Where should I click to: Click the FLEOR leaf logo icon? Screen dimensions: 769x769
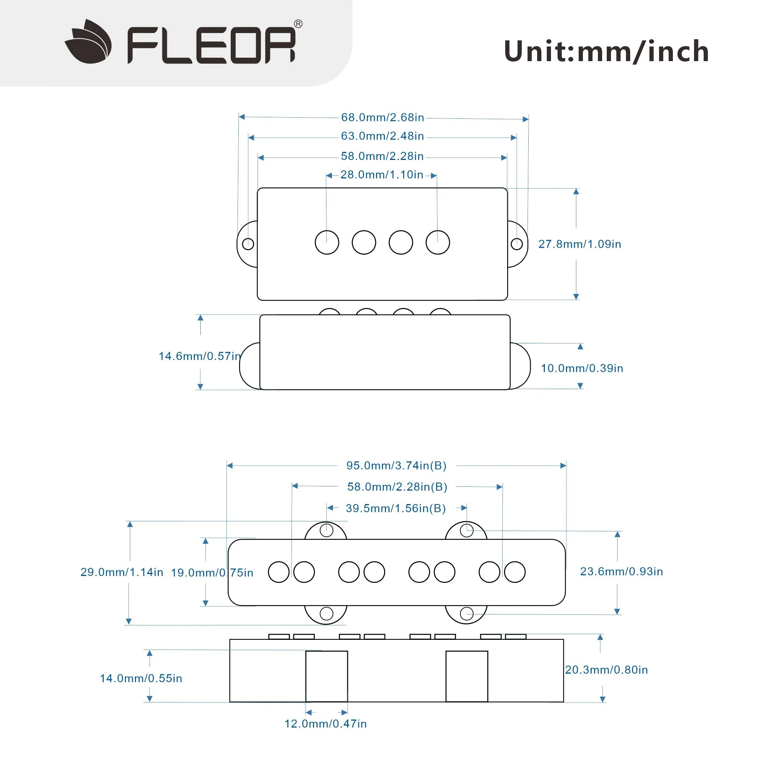click(x=88, y=42)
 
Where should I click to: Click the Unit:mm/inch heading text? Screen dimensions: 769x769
click(x=606, y=52)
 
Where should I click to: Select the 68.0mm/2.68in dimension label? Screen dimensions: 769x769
click(x=383, y=117)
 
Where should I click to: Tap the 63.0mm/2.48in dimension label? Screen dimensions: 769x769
click(x=383, y=136)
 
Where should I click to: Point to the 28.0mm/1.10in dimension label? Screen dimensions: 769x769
click(x=382, y=175)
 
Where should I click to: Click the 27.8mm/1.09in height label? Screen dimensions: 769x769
click(x=579, y=244)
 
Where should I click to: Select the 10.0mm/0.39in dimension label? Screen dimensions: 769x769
click(x=582, y=368)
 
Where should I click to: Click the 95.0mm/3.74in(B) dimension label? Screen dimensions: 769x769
click(x=396, y=466)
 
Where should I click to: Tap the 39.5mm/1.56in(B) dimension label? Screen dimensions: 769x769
click(x=396, y=508)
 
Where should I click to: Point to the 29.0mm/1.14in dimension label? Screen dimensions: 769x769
click(x=122, y=572)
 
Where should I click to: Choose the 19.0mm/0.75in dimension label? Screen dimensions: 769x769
click(x=212, y=573)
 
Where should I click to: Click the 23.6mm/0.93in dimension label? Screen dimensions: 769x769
click(x=622, y=572)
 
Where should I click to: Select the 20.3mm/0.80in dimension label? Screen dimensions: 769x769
click(x=607, y=670)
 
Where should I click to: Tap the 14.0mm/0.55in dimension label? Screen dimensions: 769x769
click(x=141, y=678)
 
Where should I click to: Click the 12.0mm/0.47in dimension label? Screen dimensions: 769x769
click(x=326, y=724)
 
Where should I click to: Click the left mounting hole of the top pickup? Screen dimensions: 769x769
click(x=248, y=244)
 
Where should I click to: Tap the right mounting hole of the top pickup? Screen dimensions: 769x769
click(x=517, y=244)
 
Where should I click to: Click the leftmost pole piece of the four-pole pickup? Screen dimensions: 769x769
click(x=327, y=242)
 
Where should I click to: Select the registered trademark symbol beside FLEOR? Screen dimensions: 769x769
click(x=298, y=24)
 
